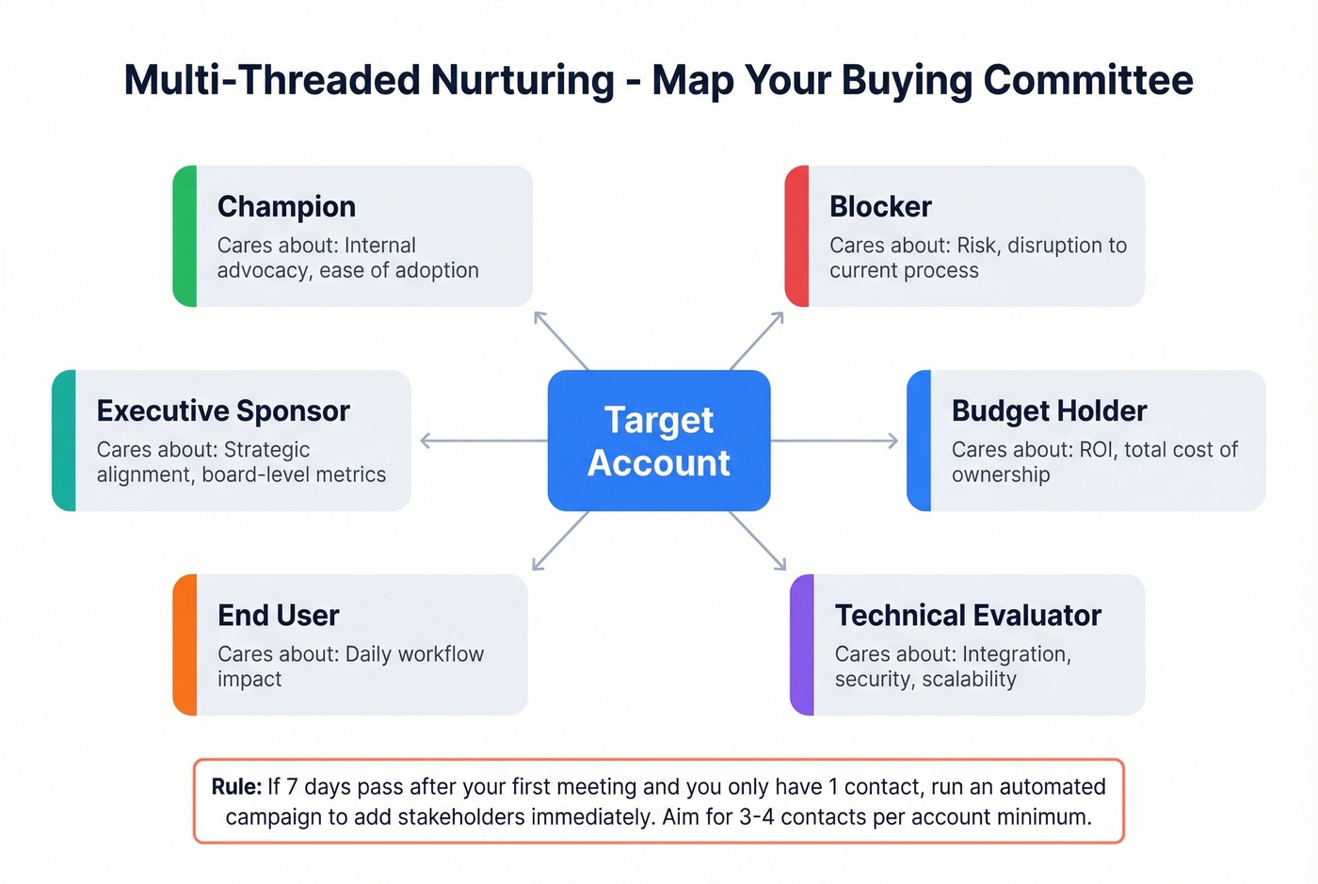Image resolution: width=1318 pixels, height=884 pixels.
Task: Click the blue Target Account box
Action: point(659,441)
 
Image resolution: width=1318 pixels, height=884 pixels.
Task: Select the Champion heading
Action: point(286,206)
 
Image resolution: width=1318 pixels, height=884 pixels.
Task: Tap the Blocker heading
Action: point(880,206)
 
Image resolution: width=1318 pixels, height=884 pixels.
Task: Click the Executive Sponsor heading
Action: point(223,410)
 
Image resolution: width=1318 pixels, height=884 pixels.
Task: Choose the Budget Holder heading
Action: point(1049,410)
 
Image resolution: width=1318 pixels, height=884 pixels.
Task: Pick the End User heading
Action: point(278,615)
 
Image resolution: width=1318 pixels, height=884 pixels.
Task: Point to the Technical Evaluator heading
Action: point(968,615)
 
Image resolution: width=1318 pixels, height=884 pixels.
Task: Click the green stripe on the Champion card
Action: point(185,236)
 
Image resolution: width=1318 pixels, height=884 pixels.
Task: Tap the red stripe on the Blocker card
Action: point(796,236)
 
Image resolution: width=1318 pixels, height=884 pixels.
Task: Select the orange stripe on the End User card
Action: point(185,645)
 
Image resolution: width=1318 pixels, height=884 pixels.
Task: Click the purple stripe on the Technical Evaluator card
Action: point(801,645)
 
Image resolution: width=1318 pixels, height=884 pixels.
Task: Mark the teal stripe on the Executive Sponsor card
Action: point(64,441)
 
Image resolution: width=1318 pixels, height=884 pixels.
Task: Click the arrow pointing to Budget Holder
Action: point(834,441)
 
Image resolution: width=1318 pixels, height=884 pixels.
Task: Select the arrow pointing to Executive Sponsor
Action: point(484,441)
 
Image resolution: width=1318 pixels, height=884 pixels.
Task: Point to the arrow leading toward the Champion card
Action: point(561,340)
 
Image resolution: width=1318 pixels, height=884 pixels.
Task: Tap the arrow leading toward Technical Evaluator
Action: point(757,540)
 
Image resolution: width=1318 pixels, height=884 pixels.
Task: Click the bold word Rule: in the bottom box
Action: point(236,786)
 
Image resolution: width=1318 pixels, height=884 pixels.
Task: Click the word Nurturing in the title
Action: point(522,80)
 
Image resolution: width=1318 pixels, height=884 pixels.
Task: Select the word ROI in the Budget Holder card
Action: point(1096,450)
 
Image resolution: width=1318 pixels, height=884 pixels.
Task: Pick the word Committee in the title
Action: point(1088,80)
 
